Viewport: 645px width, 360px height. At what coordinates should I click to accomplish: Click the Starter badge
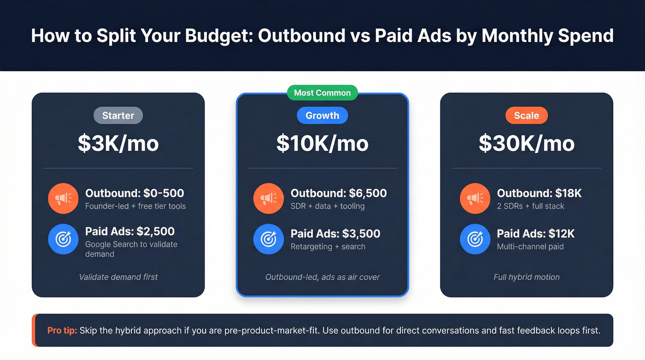click(x=118, y=115)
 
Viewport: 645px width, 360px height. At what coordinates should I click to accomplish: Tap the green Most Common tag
click(x=322, y=93)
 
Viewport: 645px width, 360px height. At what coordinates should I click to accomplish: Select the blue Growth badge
click(x=322, y=115)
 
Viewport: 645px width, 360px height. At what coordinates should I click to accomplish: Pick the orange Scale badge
click(x=527, y=115)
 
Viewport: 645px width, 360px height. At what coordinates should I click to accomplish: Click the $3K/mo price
click(x=118, y=143)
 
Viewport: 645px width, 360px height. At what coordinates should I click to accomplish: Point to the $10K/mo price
click(x=322, y=143)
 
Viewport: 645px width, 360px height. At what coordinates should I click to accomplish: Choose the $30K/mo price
click(x=527, y=143)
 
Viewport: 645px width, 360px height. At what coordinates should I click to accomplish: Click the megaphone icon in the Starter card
click(x=63, y=199)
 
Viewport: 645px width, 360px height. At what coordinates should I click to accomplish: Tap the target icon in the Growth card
click(x=269, y=239)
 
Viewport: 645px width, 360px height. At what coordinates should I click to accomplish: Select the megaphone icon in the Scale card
click(x=475, y=199)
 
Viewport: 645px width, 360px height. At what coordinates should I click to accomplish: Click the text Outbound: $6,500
click(x=339, y=193)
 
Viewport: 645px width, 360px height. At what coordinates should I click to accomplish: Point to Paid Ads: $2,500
click(x=130, y=231)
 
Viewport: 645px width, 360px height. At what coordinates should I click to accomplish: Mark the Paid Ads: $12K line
click(x=536, y=234)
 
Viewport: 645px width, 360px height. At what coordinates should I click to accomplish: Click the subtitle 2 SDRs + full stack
click(x=530, y=206)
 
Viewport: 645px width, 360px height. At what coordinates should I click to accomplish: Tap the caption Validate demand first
click(x=118, y=277)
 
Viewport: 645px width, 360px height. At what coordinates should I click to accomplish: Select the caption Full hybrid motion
click(x=527, y=277)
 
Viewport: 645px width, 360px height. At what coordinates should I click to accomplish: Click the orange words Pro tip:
click(x=62, y=330)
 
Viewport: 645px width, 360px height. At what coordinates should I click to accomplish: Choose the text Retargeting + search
click(x=328, y=247)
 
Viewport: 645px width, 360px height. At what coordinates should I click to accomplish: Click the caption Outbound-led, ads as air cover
click(x=322, y=277)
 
